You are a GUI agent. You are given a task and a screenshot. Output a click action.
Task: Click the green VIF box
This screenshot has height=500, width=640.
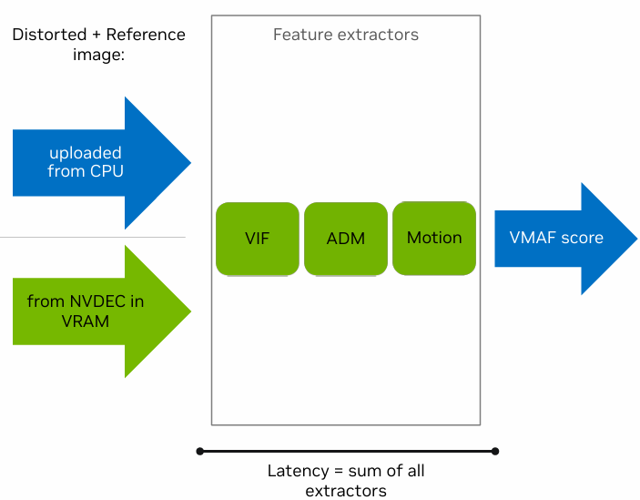[x=257, y=239]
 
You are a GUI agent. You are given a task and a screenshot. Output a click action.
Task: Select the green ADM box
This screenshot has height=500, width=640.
[x=345, y=239]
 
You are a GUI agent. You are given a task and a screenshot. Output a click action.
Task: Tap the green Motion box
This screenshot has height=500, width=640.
[x=433, y=238]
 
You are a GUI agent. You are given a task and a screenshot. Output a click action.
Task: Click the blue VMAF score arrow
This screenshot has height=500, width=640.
[x=564, y=238]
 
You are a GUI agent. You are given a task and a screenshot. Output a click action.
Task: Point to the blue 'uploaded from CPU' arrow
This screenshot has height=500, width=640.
[x=100, y=162]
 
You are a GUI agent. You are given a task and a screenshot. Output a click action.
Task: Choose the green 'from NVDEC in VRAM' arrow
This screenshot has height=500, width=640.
[x=100, y=311]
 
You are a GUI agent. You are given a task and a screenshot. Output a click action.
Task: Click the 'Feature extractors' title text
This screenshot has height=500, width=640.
[x=346, y=35]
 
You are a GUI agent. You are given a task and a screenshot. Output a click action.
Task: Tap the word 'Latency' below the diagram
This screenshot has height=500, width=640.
[x=296, y=471]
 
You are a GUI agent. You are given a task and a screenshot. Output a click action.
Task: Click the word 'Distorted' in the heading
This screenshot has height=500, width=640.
[x=45, y=35]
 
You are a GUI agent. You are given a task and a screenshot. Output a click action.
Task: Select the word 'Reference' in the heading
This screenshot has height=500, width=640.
[x=146, y=35]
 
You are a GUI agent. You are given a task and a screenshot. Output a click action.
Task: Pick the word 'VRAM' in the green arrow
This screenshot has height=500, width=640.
[x=85, y=320]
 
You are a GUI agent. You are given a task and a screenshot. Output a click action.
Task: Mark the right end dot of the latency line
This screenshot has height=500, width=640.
[x=495, y=451]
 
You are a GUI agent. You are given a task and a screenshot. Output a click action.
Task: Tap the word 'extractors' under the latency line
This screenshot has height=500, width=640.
[x=346, y=491]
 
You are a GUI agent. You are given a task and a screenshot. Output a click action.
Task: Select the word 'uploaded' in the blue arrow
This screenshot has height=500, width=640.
[x=85, y=153]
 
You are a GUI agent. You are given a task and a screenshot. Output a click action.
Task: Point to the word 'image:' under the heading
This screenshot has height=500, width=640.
[x=97, y=55]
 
